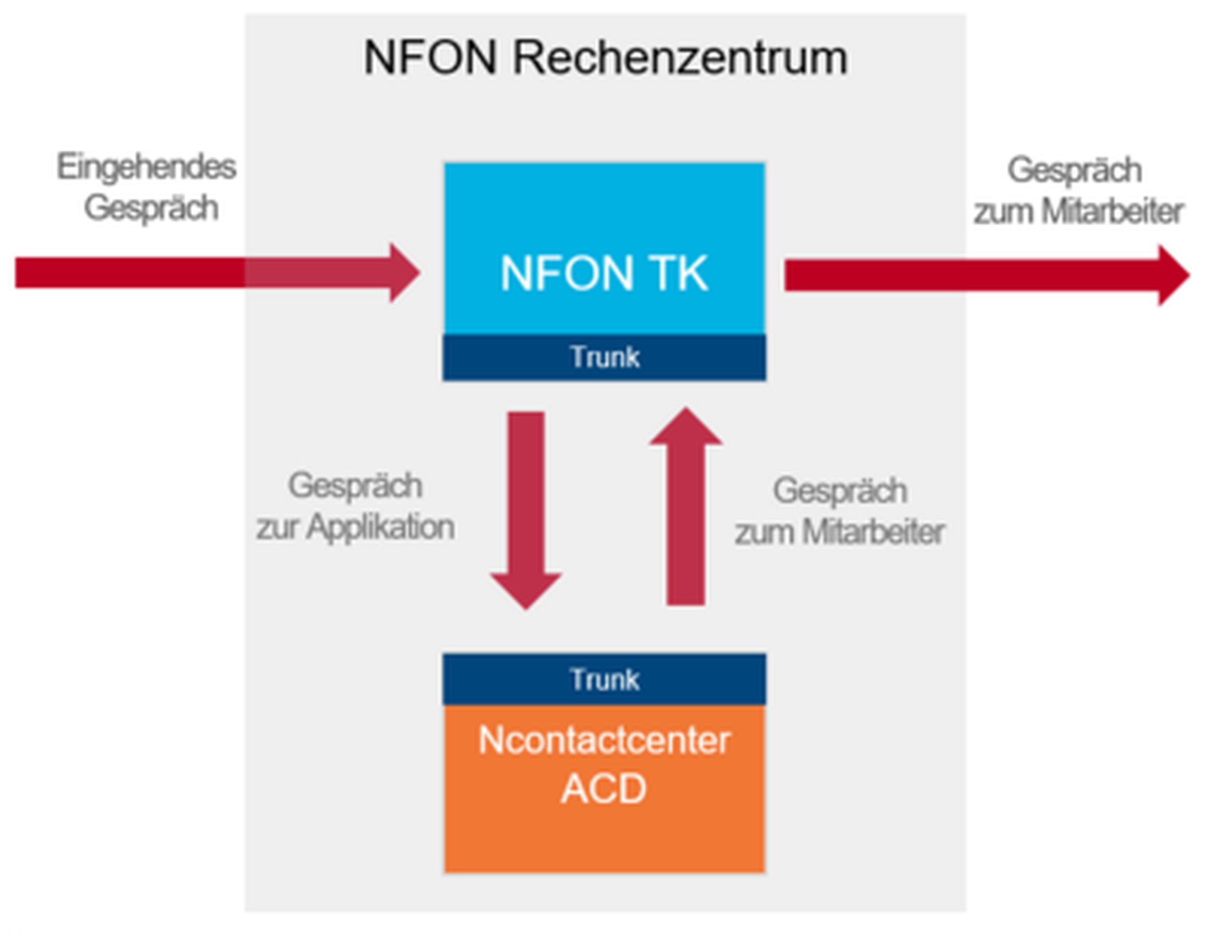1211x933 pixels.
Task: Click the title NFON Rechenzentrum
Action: click(605, 58)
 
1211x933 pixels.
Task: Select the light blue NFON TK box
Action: click(604, 248)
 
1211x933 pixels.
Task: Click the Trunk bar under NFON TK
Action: click(604, 357)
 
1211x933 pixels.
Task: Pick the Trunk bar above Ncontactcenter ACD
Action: click(604, 680)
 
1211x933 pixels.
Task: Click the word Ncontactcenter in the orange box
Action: click(604, 740)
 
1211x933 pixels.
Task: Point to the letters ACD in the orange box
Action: click(604, 789)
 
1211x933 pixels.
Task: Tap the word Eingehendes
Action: click(146, 167)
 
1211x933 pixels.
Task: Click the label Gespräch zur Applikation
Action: click(355, 506)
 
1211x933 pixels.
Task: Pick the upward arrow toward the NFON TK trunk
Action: click(685, 515)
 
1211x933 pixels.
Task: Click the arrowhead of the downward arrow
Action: click(526, 589)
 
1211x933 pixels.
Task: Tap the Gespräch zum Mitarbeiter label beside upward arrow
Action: click(840, 512)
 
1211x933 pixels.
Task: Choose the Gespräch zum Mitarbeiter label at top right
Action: click(1078, 191)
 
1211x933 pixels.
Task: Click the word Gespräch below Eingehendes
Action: click(151, 208)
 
